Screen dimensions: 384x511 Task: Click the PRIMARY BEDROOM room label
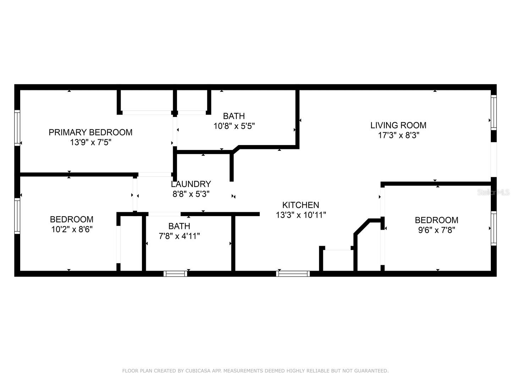90,132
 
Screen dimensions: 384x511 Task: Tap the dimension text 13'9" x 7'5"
90,142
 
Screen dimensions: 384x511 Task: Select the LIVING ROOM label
398,125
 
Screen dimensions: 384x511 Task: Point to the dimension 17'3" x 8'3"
398,135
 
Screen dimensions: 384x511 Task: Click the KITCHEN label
301,205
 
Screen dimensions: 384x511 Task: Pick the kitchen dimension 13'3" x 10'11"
301,215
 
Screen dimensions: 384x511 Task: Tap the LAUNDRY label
191,184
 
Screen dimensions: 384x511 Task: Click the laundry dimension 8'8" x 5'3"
191,194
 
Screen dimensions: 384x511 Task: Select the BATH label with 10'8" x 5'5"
234,116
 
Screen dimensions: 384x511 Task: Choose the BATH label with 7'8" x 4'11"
179,226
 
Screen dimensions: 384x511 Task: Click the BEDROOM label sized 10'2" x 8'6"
72,219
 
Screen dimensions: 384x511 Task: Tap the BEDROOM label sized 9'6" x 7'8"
436,220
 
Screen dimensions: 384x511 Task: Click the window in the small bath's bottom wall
175,273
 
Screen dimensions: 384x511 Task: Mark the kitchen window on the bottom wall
293,273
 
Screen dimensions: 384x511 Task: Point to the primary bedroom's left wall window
17,128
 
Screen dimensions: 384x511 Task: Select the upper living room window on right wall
494,112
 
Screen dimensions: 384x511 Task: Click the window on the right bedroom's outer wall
494,228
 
